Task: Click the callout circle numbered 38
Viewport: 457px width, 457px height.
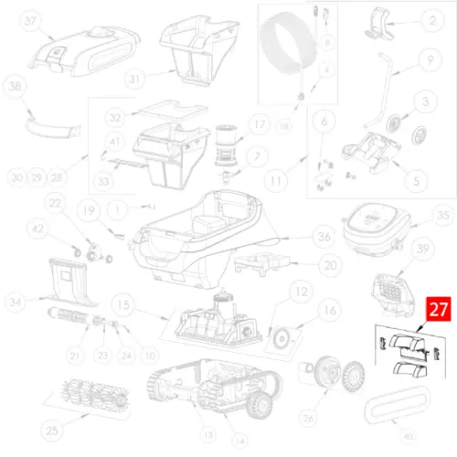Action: pos(14,87)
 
